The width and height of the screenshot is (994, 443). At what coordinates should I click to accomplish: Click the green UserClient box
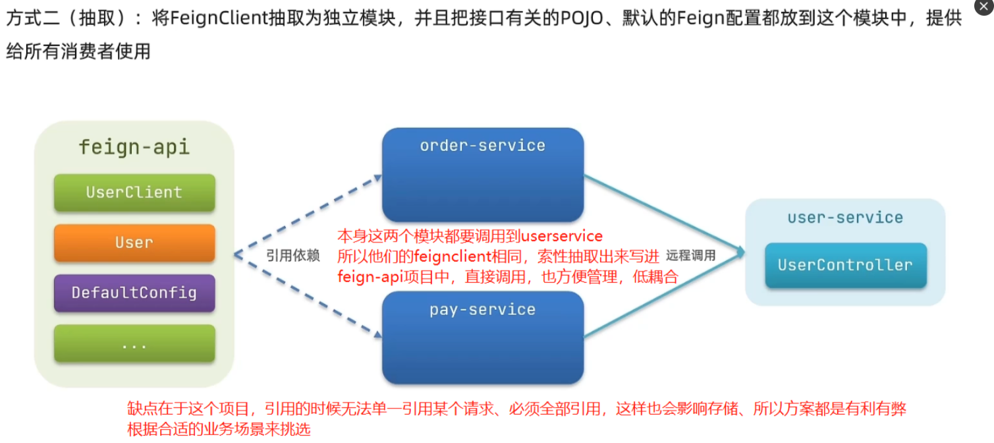pyautogui.click(x=134, y=192)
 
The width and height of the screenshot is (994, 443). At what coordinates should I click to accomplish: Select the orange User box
pyautogui.click(x=134, y=243)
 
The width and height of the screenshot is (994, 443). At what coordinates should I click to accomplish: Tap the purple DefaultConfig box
pyautogui.click(x=134, y=293)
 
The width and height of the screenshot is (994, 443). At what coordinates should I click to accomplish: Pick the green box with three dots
pyautogui.click(x=134, y=343)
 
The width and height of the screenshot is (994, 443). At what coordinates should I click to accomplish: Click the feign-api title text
pyautogui.click(x=134, y=146)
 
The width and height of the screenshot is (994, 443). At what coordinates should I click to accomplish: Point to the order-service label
pyautogui.click(x=483, y=146)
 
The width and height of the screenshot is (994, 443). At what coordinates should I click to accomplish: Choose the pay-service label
pyautogui.click(x=483, y=310)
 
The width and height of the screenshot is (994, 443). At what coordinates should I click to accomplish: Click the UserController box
pyautogui.click(x=845, y=265)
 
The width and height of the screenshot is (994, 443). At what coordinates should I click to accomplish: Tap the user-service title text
pyautogui.click(x=845, y=218)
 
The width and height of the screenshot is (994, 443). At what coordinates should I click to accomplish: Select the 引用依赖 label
pyautogui.click(x=293, y=256)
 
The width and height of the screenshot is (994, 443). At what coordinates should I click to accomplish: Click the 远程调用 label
pyautogui.click(x=690, y=256)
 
